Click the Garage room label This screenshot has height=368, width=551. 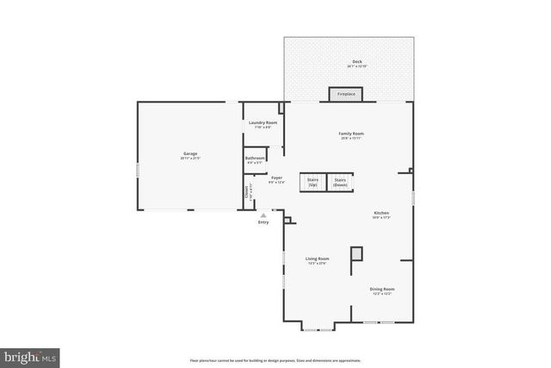coord(189,154)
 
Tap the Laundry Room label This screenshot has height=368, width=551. coord(263,123)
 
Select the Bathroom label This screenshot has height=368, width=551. coord(255,159)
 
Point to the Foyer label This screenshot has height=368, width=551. coord(276,179)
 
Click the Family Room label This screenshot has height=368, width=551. coord(350,134)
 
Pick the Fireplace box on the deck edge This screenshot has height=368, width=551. coord(345,94)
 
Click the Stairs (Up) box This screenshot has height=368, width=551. coord(312,182)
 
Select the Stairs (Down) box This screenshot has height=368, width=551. coord(341,182)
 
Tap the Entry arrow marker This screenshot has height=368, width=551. coord(263,215)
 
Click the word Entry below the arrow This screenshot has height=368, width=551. coord(263,223)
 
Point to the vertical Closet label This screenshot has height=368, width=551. coord(247,191)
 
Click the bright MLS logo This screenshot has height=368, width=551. coord(30,355)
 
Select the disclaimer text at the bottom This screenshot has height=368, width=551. coord(275,359)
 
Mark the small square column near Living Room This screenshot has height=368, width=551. coord(356,255)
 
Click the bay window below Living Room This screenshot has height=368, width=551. coord(318,328)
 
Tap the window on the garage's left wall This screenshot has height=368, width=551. coord(138,170)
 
